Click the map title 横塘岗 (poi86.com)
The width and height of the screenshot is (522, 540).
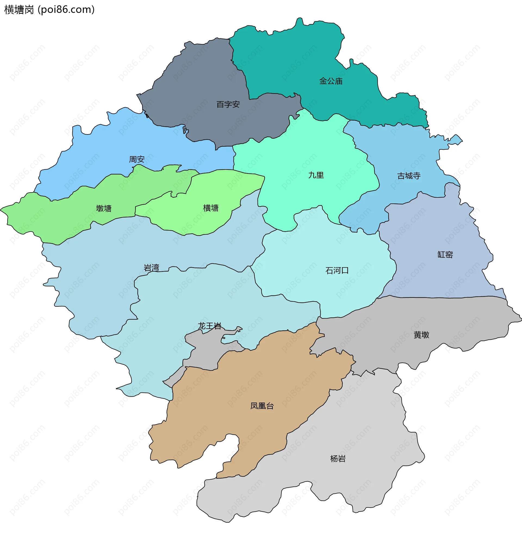pos(50,10)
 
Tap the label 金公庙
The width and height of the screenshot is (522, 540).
pos(331,81)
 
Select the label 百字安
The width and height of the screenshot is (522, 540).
pos(228,104)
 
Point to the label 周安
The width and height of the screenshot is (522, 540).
pos(137,159)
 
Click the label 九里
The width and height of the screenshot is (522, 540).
pos(316,175)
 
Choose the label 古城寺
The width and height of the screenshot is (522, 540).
pos(409,176)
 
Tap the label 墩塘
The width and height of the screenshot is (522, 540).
pos(104,208)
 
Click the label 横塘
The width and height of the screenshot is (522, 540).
pos(211,208)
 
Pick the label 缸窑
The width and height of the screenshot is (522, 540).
pos(445,255)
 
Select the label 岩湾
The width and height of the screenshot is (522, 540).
pos(151,268)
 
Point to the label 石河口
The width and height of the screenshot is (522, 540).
pos(337,271)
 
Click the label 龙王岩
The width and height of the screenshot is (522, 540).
pos(210,326)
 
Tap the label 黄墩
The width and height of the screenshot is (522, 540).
pos(421,335)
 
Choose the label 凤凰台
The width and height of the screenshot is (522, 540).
pos(262,406)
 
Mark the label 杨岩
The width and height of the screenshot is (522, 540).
pos(338,459)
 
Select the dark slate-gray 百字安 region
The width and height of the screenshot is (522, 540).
pos(198,83)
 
